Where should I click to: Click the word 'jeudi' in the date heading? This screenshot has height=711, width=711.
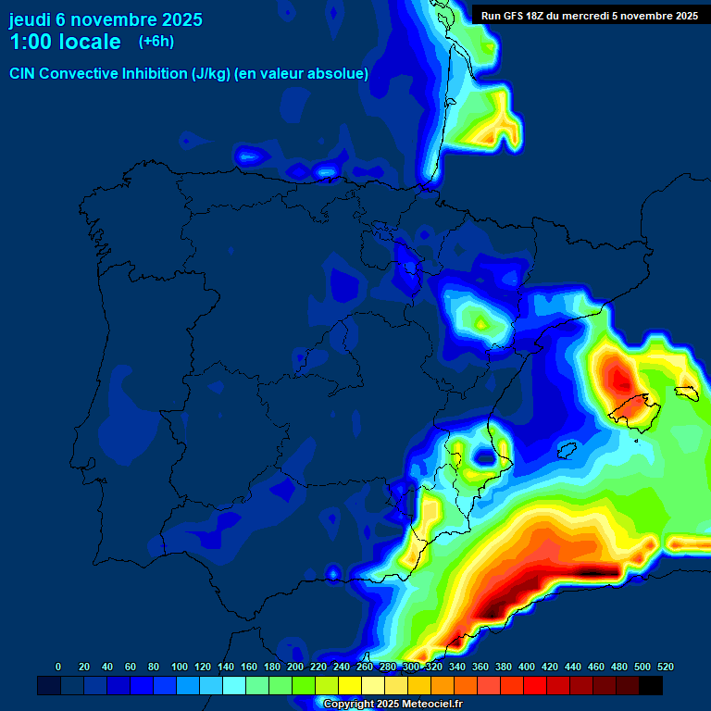[31, 19]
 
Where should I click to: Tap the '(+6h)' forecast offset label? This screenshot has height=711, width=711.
[156, 42]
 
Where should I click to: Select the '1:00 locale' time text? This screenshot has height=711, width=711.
[65, 43]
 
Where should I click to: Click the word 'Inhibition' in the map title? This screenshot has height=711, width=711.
[151, 74]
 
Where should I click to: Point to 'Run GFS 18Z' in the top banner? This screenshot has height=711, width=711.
[515, 16]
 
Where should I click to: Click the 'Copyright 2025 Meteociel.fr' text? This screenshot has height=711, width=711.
[392, 704]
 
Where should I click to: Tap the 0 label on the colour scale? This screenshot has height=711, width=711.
[58, 667]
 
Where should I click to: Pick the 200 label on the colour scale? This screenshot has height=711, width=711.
[295, 667]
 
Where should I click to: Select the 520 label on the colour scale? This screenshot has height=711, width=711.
[665, 667]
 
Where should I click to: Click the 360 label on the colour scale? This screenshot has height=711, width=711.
[480, 667]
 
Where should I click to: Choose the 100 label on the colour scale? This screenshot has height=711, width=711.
[180, 667]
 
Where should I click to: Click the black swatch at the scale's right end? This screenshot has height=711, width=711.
[651, 685]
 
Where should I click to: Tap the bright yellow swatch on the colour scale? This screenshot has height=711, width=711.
[350, 685]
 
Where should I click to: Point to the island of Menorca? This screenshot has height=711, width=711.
[686, 393]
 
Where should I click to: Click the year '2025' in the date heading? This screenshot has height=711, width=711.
[181, 19]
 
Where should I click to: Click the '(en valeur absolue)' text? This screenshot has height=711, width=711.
[302, 74]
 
